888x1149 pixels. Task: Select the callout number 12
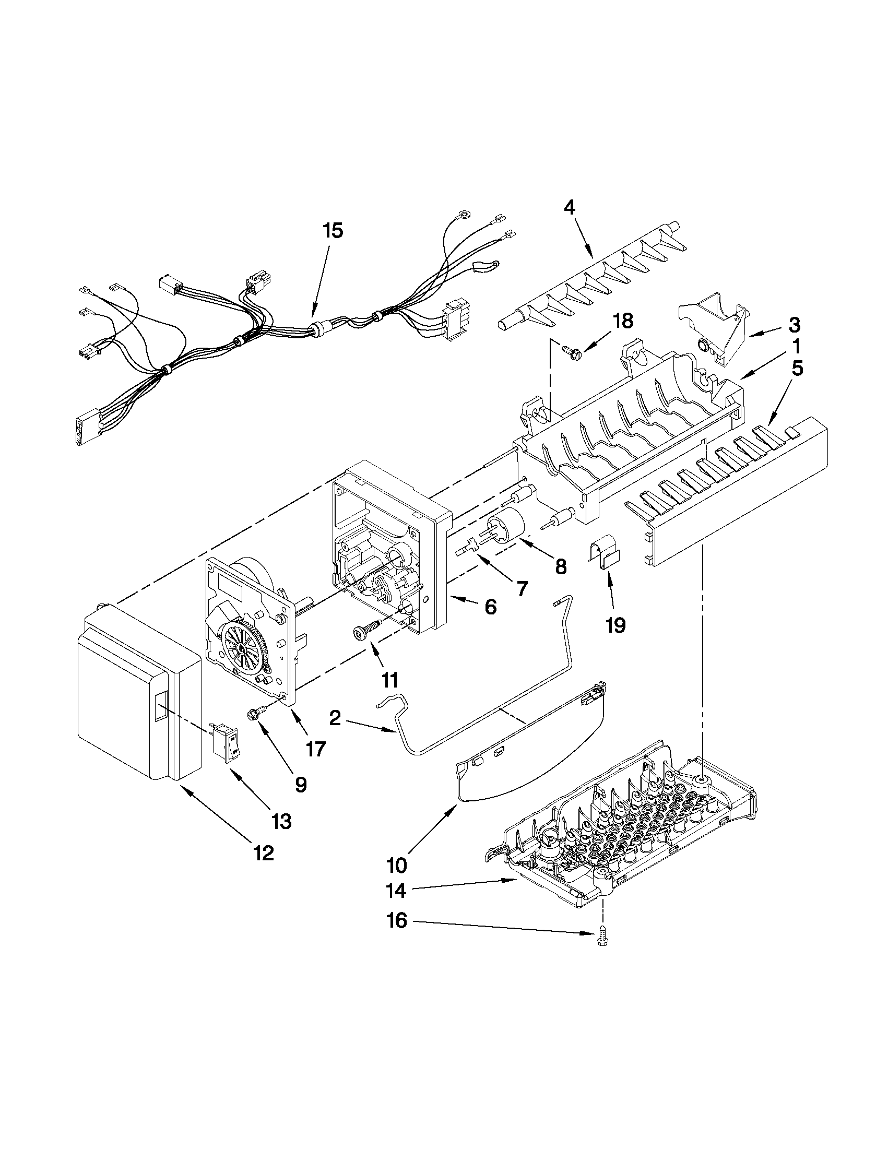click(x=263, y=853)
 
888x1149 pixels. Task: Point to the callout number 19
click(x=615, y=625)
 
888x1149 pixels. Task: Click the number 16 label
click(x=398, y=921)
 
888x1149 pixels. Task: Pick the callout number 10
click(x=397, y=864)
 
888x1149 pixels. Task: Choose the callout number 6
click(x=490, y=607)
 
